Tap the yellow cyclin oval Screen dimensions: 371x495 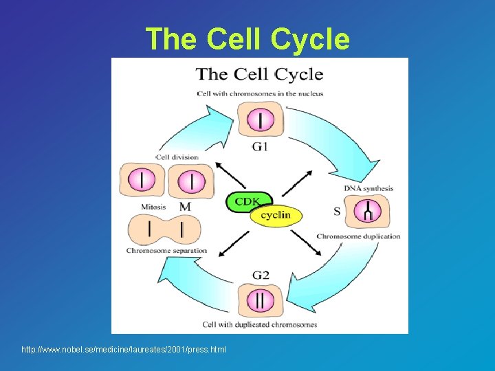[x=276, y=215]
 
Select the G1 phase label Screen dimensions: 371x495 [x=260, y=146]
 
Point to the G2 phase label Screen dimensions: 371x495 [x=261, y=275]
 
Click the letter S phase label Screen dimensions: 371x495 [x=337, y=211]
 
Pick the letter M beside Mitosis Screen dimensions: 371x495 [x=184, y=206]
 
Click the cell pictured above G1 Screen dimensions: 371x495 [x=260, y=120]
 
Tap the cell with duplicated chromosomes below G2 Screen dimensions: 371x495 [x=260, y=301]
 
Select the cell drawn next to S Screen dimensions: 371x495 [x=366, y=212]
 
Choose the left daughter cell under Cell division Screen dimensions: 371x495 [x=142, y=180]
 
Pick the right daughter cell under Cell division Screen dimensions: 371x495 [x=192, y=181]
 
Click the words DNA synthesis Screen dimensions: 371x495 [x=368, y=188]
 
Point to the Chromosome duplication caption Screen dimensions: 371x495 [x=358, y=236]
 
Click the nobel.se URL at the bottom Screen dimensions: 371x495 [x=124, y=350]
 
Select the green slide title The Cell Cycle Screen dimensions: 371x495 [x=247, y=38]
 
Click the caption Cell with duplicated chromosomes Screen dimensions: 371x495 [x=260, y=324]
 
